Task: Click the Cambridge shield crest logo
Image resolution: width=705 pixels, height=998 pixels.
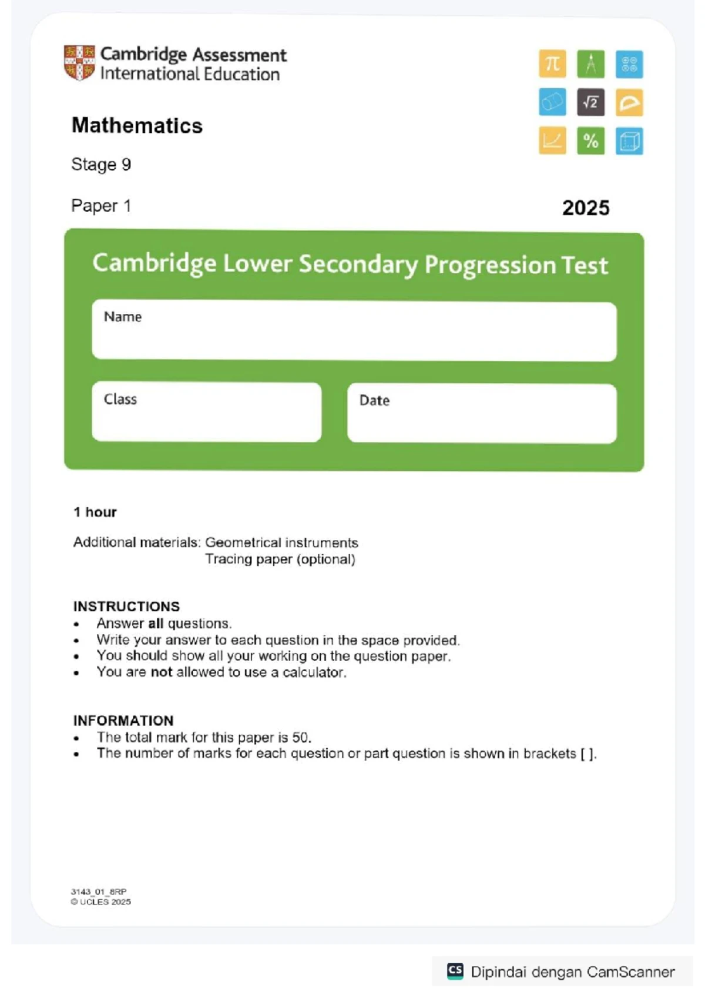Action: click(x=79, y=62)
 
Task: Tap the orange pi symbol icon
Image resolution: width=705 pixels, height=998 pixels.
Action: click(x=552, y=63)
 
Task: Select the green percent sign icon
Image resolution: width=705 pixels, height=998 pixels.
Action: click(x=590, y=141)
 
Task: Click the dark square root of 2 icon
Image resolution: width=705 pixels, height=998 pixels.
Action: click(x=590, y=102)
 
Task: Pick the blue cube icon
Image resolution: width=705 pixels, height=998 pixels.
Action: click(x=629, y=141)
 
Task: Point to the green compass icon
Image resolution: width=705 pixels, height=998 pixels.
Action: click(x=590, y=63)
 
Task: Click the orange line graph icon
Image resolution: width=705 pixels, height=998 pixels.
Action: click(x=552, y=141)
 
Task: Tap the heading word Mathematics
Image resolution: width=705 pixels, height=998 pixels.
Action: click(x=137, y=126)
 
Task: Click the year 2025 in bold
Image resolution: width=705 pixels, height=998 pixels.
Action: click(x=585, y=207)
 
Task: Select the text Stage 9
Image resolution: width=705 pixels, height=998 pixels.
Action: click(x=101, y=165)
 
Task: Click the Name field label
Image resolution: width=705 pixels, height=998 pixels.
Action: click(x=123, y=317)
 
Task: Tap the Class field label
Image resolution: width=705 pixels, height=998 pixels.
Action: click(x=120, y=399)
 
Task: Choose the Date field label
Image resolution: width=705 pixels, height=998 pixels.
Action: click(x=374, y=400)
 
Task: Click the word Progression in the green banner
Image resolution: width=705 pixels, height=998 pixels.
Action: click(x=490, y=265)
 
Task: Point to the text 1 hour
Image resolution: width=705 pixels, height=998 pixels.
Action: click(x=95, y=512)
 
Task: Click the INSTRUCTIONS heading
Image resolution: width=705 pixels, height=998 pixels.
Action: click(x=126, y=606)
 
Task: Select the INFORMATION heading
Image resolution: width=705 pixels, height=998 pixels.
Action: click(x=123, y=720)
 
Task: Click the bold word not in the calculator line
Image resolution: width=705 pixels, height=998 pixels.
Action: click(x=162, y=672)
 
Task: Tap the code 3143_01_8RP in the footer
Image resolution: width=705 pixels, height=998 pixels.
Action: click(x=99, y=891)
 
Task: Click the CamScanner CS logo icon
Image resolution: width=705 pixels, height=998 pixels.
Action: click(x=455, y=971)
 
